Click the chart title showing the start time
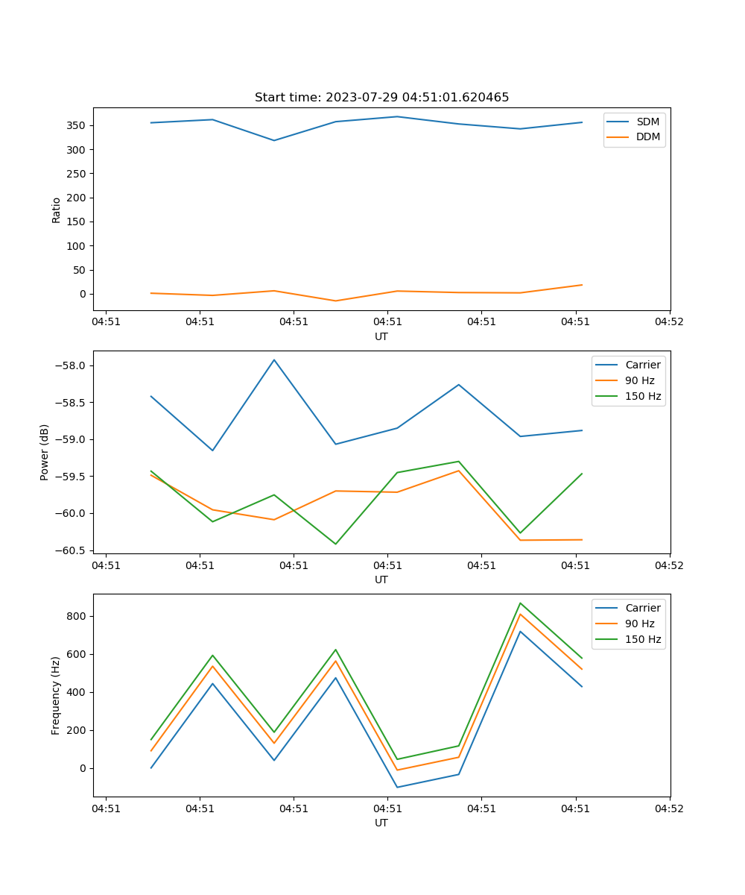point(381,98)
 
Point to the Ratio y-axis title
point(57,210)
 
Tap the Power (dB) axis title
point(45,452)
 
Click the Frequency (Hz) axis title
point(57,695)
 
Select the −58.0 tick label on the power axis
point(71,365)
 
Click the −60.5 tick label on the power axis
point(71,550)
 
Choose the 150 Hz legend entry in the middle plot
point(643,396)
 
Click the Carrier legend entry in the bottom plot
point(643,608)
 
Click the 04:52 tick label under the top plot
point(668,322)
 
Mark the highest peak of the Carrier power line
point(274,359)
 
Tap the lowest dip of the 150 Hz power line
point(335,544)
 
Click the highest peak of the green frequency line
point(520,603)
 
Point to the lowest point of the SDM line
point(274,140)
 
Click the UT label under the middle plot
point(381,580)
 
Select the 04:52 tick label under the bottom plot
point(668,808)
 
